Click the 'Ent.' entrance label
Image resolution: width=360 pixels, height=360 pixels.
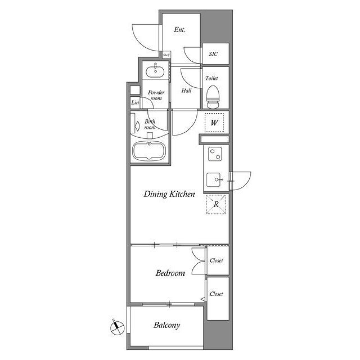[x=180, y=30]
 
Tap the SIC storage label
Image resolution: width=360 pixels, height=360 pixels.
[x=213, y=54]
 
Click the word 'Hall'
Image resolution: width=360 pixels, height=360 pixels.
[x=186, y=90]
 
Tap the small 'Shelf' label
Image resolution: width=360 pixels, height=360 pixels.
[x=166, y=55]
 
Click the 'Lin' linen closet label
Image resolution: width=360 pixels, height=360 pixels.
[x=135, y=102]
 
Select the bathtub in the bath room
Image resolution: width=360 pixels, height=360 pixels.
[x=149, y=151]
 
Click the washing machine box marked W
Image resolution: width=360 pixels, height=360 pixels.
[x=214, y=123]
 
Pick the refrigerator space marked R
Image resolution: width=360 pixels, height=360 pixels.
[x=216, y=204]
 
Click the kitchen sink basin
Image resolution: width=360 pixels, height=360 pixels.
[x=215, y=180]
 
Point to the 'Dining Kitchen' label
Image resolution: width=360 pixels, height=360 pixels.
[x=169, y=194]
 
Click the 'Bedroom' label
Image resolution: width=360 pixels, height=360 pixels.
[x=170, y=273]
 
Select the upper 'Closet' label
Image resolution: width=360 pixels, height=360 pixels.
[x=216, y=260]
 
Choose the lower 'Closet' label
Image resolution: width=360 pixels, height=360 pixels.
[x=216, y=294]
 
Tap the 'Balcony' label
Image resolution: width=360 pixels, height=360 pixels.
[x=167, y=325]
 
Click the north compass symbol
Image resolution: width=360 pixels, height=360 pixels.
[x=117, y=328]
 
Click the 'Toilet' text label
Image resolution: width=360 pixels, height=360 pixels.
[x=211, y=78]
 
